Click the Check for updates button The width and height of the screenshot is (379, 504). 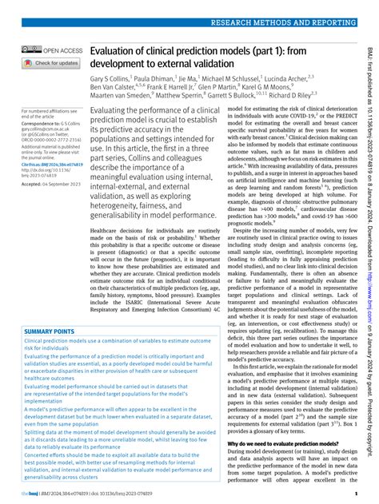point(51,62)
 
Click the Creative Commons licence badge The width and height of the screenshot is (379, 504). point(32,50)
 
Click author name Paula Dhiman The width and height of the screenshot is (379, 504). point(151,81)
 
